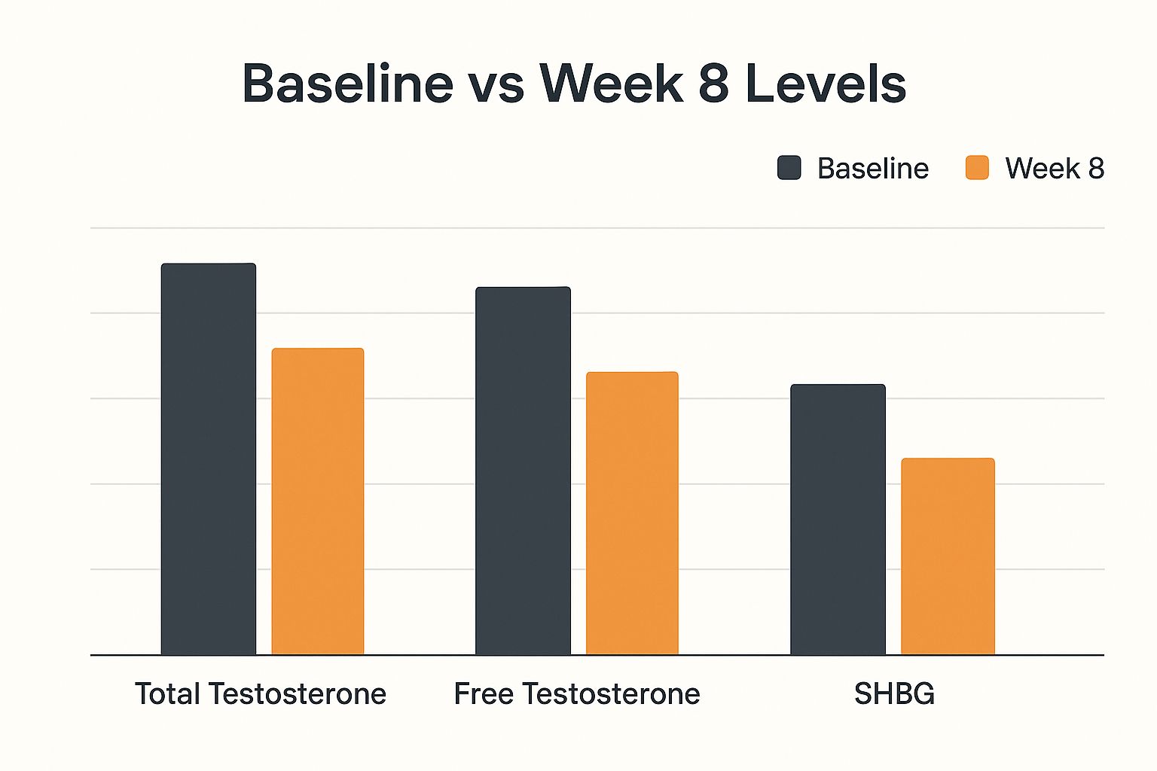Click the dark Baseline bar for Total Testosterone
coord(209,459)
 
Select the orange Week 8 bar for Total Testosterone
coord(318,501)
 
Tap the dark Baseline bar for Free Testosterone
coord(523,471)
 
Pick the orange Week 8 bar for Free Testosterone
coord(632,513)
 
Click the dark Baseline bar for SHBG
coord(838,520)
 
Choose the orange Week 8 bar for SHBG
coord(948,556)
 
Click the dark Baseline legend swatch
coord(789,168)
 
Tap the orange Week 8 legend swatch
coord(977,168)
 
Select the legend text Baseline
coord(873,169)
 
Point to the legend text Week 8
coord(1055,169)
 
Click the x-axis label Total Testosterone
coord(261,693)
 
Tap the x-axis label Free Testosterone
coord(577,693)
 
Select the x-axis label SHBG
coord(894,693)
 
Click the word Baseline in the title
coord(348,83)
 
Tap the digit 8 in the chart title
coord(713,83)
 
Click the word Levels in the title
coord(826,83)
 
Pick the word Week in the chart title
coord(611,83)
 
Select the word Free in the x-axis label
coord(484,693)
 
